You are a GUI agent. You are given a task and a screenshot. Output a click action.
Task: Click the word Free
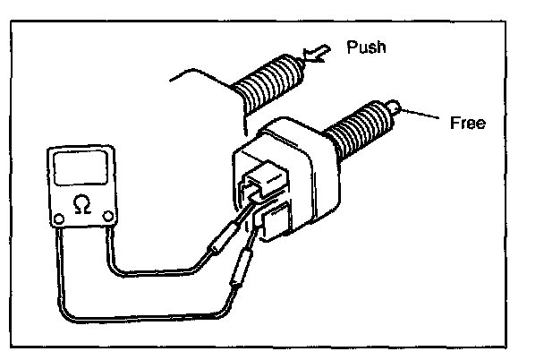(x=467, y=123)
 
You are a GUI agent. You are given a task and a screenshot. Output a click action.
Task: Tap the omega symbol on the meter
(x=81, y=205)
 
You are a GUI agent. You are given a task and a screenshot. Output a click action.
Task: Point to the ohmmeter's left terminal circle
(x=59, y=219)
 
